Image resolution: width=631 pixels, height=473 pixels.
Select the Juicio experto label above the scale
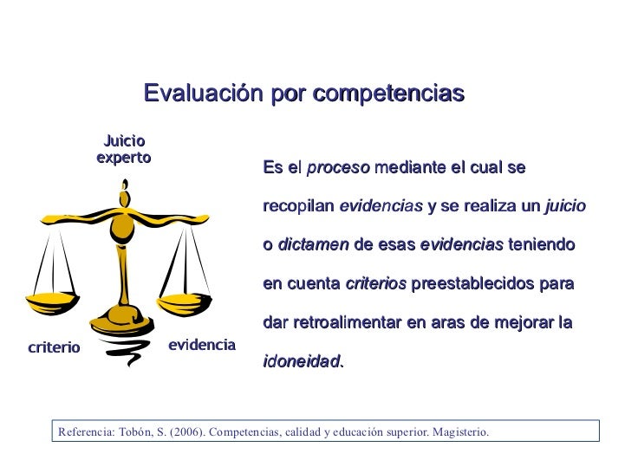(x=123, y=149)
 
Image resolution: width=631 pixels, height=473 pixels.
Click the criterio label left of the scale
(x=54, y=347)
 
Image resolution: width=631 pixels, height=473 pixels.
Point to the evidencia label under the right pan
(x=201, y=345)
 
